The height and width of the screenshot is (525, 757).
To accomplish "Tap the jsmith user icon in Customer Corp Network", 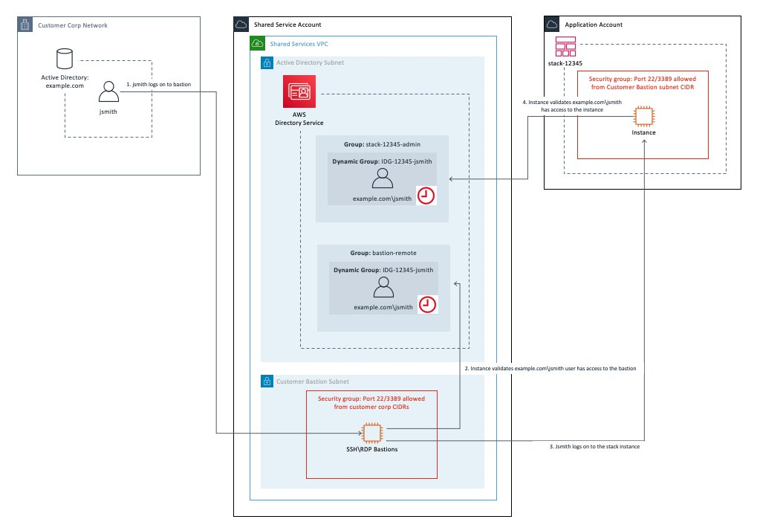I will point(108,92).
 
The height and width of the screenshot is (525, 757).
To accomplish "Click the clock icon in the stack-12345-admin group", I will point(426,196).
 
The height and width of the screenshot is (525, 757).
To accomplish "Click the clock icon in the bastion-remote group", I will point(427,304).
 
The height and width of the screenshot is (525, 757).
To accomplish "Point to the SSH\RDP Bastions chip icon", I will point(371,432).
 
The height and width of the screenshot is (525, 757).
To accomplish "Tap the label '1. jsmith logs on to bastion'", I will point(158,85).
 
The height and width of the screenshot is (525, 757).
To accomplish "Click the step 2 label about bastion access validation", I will point(550,368).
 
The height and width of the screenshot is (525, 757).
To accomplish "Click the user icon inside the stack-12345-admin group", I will point(382,178).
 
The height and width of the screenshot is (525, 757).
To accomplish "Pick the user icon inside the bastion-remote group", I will point(383,287).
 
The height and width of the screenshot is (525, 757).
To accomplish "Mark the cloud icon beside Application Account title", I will point(552,24).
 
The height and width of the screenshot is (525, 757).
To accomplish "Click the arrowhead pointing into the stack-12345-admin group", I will point(452,178).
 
